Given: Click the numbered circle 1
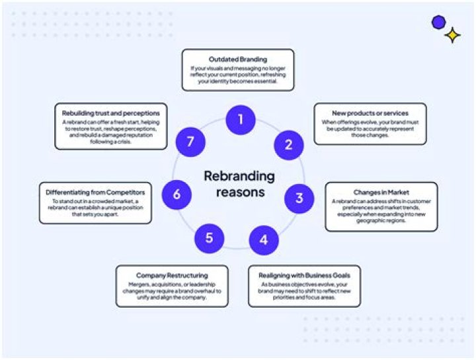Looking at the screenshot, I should click(241, 120).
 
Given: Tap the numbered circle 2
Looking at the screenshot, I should click(288, 144).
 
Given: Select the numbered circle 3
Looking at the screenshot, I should click(299, 197).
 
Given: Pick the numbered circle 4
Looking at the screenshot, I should click(264, 239).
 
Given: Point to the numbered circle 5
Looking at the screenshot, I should click(210, 238).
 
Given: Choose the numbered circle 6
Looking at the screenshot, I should click(177, 195).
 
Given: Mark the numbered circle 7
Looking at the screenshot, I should click(191, 142).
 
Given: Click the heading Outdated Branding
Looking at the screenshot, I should click(237, 60).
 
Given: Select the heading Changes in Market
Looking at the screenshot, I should click(381, 192).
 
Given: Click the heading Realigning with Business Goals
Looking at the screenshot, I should click(304, 275).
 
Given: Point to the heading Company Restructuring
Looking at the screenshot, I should click(172, 275).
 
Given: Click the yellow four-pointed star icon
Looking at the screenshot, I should click(453, 35).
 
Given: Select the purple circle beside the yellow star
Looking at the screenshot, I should click(438, 22).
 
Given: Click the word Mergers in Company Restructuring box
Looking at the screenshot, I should click(141, 285).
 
